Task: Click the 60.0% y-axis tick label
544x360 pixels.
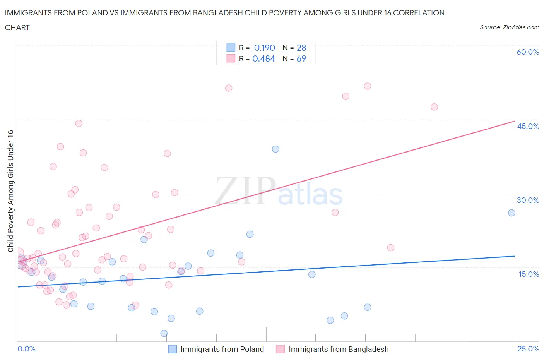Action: pos(528,52)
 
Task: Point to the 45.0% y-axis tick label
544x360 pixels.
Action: pos(528,126)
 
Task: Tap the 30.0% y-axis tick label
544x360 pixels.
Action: pos(528,200)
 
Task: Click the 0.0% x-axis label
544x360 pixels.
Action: pos(26,349)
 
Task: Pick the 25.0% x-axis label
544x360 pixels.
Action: pos(528,349)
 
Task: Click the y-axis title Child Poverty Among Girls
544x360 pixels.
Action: pos(10,191)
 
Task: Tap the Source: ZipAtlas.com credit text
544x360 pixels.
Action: pos(509,27)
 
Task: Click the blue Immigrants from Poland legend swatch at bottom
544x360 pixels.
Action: pos(172,349)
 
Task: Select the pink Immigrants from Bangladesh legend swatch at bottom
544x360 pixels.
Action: pos(281,349)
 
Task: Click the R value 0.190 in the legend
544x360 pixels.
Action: pos(264,48)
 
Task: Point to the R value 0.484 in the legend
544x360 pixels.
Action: pos(263,58)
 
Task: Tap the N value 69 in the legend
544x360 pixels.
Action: pos(301,58)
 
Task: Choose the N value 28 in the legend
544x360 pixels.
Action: pos(301,48)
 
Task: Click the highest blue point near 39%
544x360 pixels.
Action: pos(275,149)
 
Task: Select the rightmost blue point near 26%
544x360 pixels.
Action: pos(511,213)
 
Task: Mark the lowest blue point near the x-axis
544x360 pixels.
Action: pos(164,333)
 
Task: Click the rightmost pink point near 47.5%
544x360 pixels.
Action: pos(434,107)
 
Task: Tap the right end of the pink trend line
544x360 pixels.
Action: pos(515,121)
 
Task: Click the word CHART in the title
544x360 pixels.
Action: pos(17,27)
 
